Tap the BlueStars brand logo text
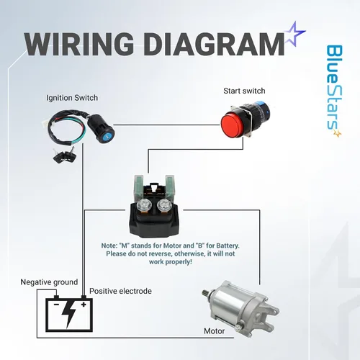[334, 91]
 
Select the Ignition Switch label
[72, 98]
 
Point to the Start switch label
[244, 91]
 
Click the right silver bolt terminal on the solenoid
[163, 204]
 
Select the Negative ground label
[49, 282]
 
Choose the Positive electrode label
[120, 291]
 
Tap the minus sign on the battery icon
[56, 305]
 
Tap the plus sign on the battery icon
[84, 305]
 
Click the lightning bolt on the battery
[69, 315]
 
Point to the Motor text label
[215, 331]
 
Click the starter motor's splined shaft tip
[205, 293]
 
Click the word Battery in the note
[228, 246]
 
